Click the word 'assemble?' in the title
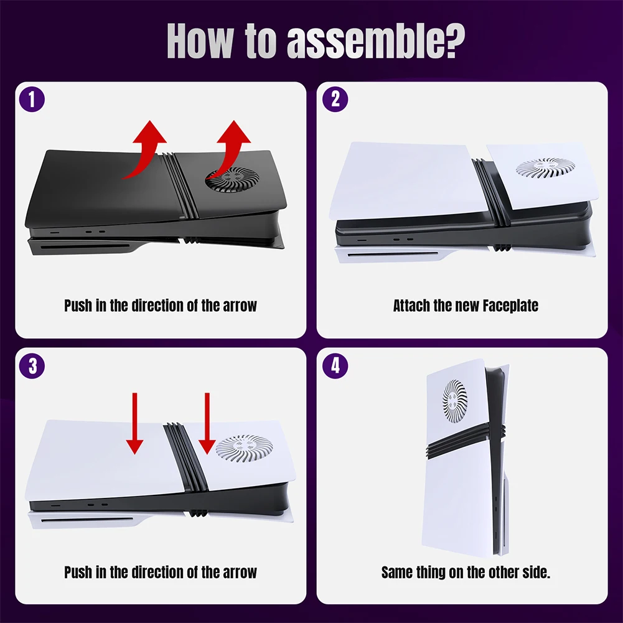(x=375, y=41)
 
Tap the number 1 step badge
(x=32, y=99)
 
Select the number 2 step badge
(x=335, y=99)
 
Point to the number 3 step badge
(x=32, y=365)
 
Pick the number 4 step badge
(x=335, y=365)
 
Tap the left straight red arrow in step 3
(x=134, y=423)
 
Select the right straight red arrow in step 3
(x=207, y=423)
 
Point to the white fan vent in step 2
(x=545, y=167)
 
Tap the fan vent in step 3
(x=245, y=448)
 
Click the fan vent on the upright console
(x=455, y=401)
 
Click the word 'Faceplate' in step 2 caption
(x=510, y=306)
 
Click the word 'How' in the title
(x=199, y=41)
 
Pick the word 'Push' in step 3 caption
(x=78, y=572)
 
